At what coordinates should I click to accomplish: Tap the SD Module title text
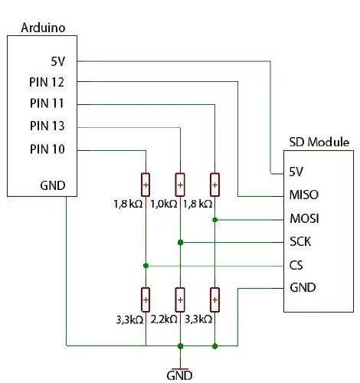pos(319,142)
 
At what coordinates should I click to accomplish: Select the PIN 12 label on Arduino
pos(47,82)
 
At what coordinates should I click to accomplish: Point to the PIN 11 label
pos(47,103)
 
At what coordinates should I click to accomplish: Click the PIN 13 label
pos(47,126)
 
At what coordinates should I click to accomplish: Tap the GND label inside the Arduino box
pos(53,185)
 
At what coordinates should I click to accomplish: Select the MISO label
pos(304,195)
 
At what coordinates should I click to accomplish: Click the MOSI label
pos(304,218)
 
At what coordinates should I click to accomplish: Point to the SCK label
pos(302,241)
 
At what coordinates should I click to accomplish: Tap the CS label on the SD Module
pos(297,265)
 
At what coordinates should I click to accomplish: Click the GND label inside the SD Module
pos(303,288)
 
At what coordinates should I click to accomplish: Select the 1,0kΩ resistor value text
pos(165,205)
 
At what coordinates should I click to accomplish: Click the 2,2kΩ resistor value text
pos(165,319)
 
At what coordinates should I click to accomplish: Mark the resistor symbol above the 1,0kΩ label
pos(180,184)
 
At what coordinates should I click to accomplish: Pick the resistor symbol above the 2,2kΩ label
pos(180,297)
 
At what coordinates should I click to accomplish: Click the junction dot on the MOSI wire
pos(215,220)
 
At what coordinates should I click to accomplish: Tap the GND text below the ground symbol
pos(179,375)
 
